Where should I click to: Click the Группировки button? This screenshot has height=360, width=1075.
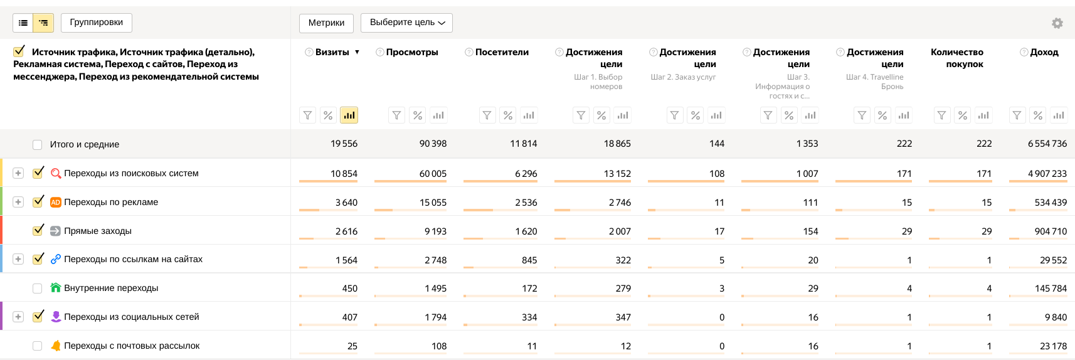pyautogui.click(x=96, y=23)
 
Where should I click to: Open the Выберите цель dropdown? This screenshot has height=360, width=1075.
pyautogui.click(x=406, y=23)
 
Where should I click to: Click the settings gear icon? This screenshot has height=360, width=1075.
pyautogui.click(x=1057, y=23)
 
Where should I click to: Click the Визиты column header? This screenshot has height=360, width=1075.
pyautogui.click(x=332, y=52)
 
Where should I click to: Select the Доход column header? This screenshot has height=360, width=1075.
pyautogui.click(x=1044, y=52)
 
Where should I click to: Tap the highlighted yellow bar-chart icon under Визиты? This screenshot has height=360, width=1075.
pyautogui.click(x=349, y=115)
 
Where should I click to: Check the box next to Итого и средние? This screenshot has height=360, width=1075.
pyautogui.click(x=38, y=145)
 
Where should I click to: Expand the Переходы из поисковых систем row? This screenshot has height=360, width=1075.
pyautogui.click(x=18, y=173)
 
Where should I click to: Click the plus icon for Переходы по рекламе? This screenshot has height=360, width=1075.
pyautogui.click(x=18, y=202)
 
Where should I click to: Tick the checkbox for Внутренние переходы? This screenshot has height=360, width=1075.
pyautogui.click(x=38, y=289)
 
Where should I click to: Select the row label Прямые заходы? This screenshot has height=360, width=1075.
pyautogui.click(x=98, y=231)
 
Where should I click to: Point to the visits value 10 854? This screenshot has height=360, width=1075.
pyautogui.click(x=344, y=174)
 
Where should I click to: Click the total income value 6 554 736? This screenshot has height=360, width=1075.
pyautogui.click(x=1047, y=144)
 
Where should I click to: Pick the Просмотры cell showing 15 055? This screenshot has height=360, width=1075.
pyautogui.click(x=433, y=203)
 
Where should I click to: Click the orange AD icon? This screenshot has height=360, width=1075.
pyautogui.click(x=56, y=202)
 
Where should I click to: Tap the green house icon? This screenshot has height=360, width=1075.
pyautogui.click(x=56, y=288)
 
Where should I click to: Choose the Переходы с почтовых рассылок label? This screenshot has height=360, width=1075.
pyautogui.click(x=132, y=346)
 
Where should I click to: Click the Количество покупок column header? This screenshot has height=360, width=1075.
pyautogui.click(x=956, y=58)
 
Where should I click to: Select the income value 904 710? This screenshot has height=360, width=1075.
pyautogui.click(x=1051, y=231)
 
